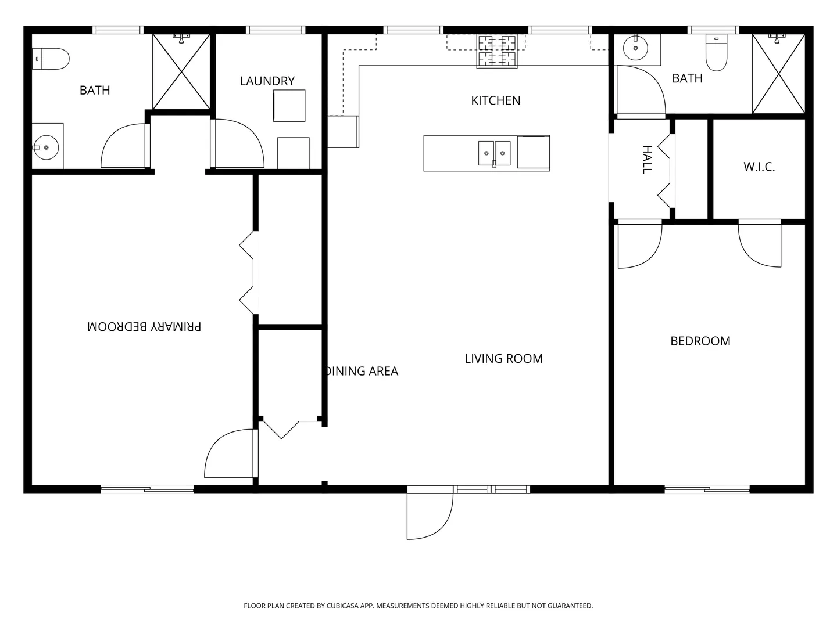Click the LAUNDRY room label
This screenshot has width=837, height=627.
point(267,81)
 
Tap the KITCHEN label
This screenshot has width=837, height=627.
point(495,100)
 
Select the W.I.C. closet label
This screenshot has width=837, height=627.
point(759,167)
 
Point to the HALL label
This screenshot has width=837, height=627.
point(647,160)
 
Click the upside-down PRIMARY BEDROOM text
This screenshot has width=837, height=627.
point(144,327)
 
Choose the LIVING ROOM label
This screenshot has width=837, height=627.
point(503,359)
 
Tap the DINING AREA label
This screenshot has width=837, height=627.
point(362,371)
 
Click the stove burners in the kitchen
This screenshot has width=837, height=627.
point(497,52)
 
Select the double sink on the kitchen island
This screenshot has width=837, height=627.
point(494,153)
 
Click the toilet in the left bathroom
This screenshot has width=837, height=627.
point(51,59)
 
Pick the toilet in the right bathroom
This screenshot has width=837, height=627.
point(716,52)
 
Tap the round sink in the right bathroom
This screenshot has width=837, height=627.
point(635,48)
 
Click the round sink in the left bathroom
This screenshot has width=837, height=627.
point(46,147)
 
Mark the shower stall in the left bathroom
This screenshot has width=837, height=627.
point(181,71)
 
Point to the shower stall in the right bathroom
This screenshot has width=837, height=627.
point(778,74)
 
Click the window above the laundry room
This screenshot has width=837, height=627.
point(276,30)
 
